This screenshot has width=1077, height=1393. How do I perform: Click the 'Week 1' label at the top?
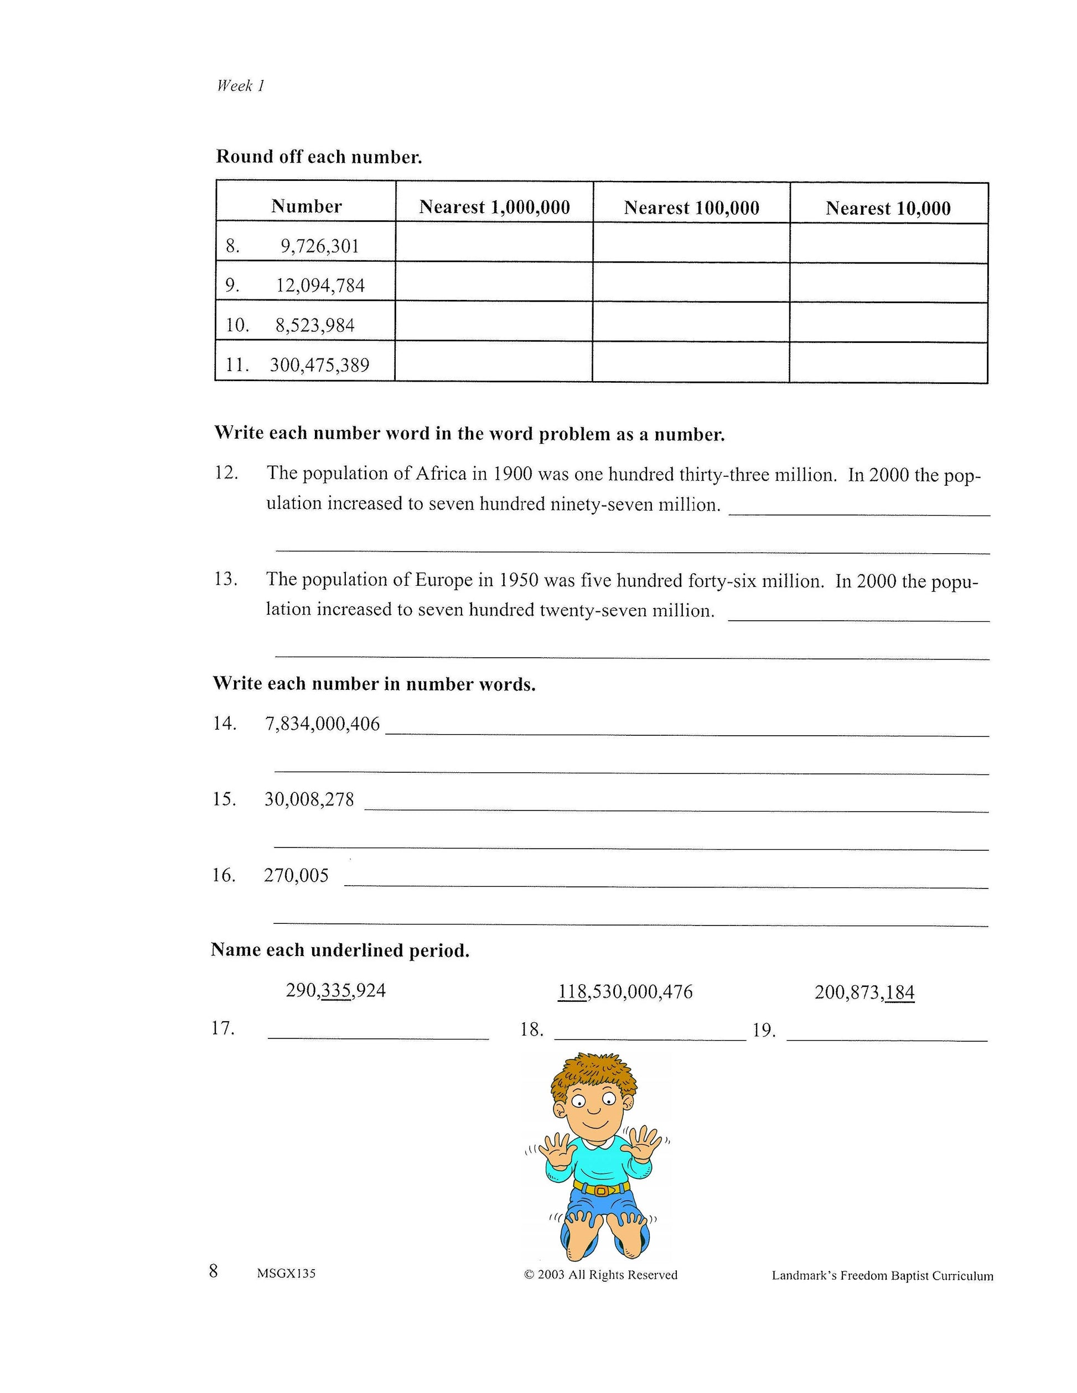(x=241, y=86)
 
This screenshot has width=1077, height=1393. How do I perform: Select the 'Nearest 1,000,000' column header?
(x=494, y=207)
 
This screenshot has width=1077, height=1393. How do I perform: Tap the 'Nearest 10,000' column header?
(x=888, y=208)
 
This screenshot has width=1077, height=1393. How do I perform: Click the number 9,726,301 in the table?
(x=320, y=246)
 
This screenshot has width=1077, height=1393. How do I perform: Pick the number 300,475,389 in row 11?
(x=319, y=365)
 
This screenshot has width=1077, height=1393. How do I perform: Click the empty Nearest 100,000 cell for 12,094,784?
(x=691, y=283)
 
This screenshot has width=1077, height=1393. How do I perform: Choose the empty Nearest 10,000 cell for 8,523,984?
(x=888, y=323)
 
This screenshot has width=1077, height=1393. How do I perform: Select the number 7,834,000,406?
(x=322, y=724)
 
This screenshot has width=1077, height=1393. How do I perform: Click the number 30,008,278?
(x=309, y=799)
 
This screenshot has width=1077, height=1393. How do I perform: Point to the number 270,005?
(x=296, y=875)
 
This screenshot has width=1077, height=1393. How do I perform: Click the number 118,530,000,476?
(x=625, y=991)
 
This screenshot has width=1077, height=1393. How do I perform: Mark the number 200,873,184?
(x=864, y=992)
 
